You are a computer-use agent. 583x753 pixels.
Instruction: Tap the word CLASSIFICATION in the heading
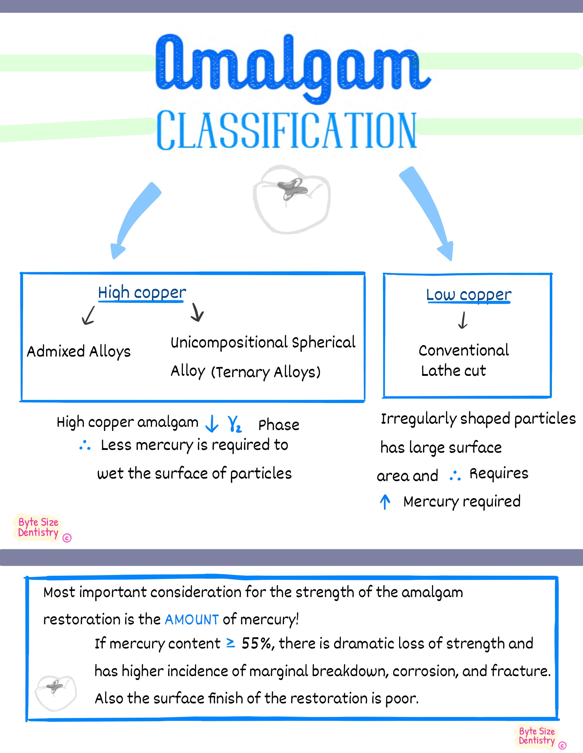point(287,130)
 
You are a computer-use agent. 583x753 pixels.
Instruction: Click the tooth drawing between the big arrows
point(292,199)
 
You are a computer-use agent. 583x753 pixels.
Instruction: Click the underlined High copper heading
point(142,293)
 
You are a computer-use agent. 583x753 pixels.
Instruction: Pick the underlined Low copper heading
point(468,295)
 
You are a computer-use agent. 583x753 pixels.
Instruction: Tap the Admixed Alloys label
point(79,351)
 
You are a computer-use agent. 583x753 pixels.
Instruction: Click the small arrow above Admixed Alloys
point(88,315)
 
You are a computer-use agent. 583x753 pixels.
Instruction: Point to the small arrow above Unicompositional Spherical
point(197,312)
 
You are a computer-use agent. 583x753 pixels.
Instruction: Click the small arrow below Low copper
point(463,320)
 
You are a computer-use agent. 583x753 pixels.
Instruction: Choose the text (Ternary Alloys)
point(266,372)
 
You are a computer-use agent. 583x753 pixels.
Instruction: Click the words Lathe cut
point(453,371)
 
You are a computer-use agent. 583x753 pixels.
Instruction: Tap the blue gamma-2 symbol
point(234,424)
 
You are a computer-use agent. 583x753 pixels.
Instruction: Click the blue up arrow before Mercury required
point(385,502)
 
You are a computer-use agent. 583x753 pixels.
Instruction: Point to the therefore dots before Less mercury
point(85,445)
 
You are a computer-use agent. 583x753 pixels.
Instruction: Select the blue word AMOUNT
point(192,620)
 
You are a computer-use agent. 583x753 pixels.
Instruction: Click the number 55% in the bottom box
point(256,643)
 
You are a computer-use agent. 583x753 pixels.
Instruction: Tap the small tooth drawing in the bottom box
point(55,693)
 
